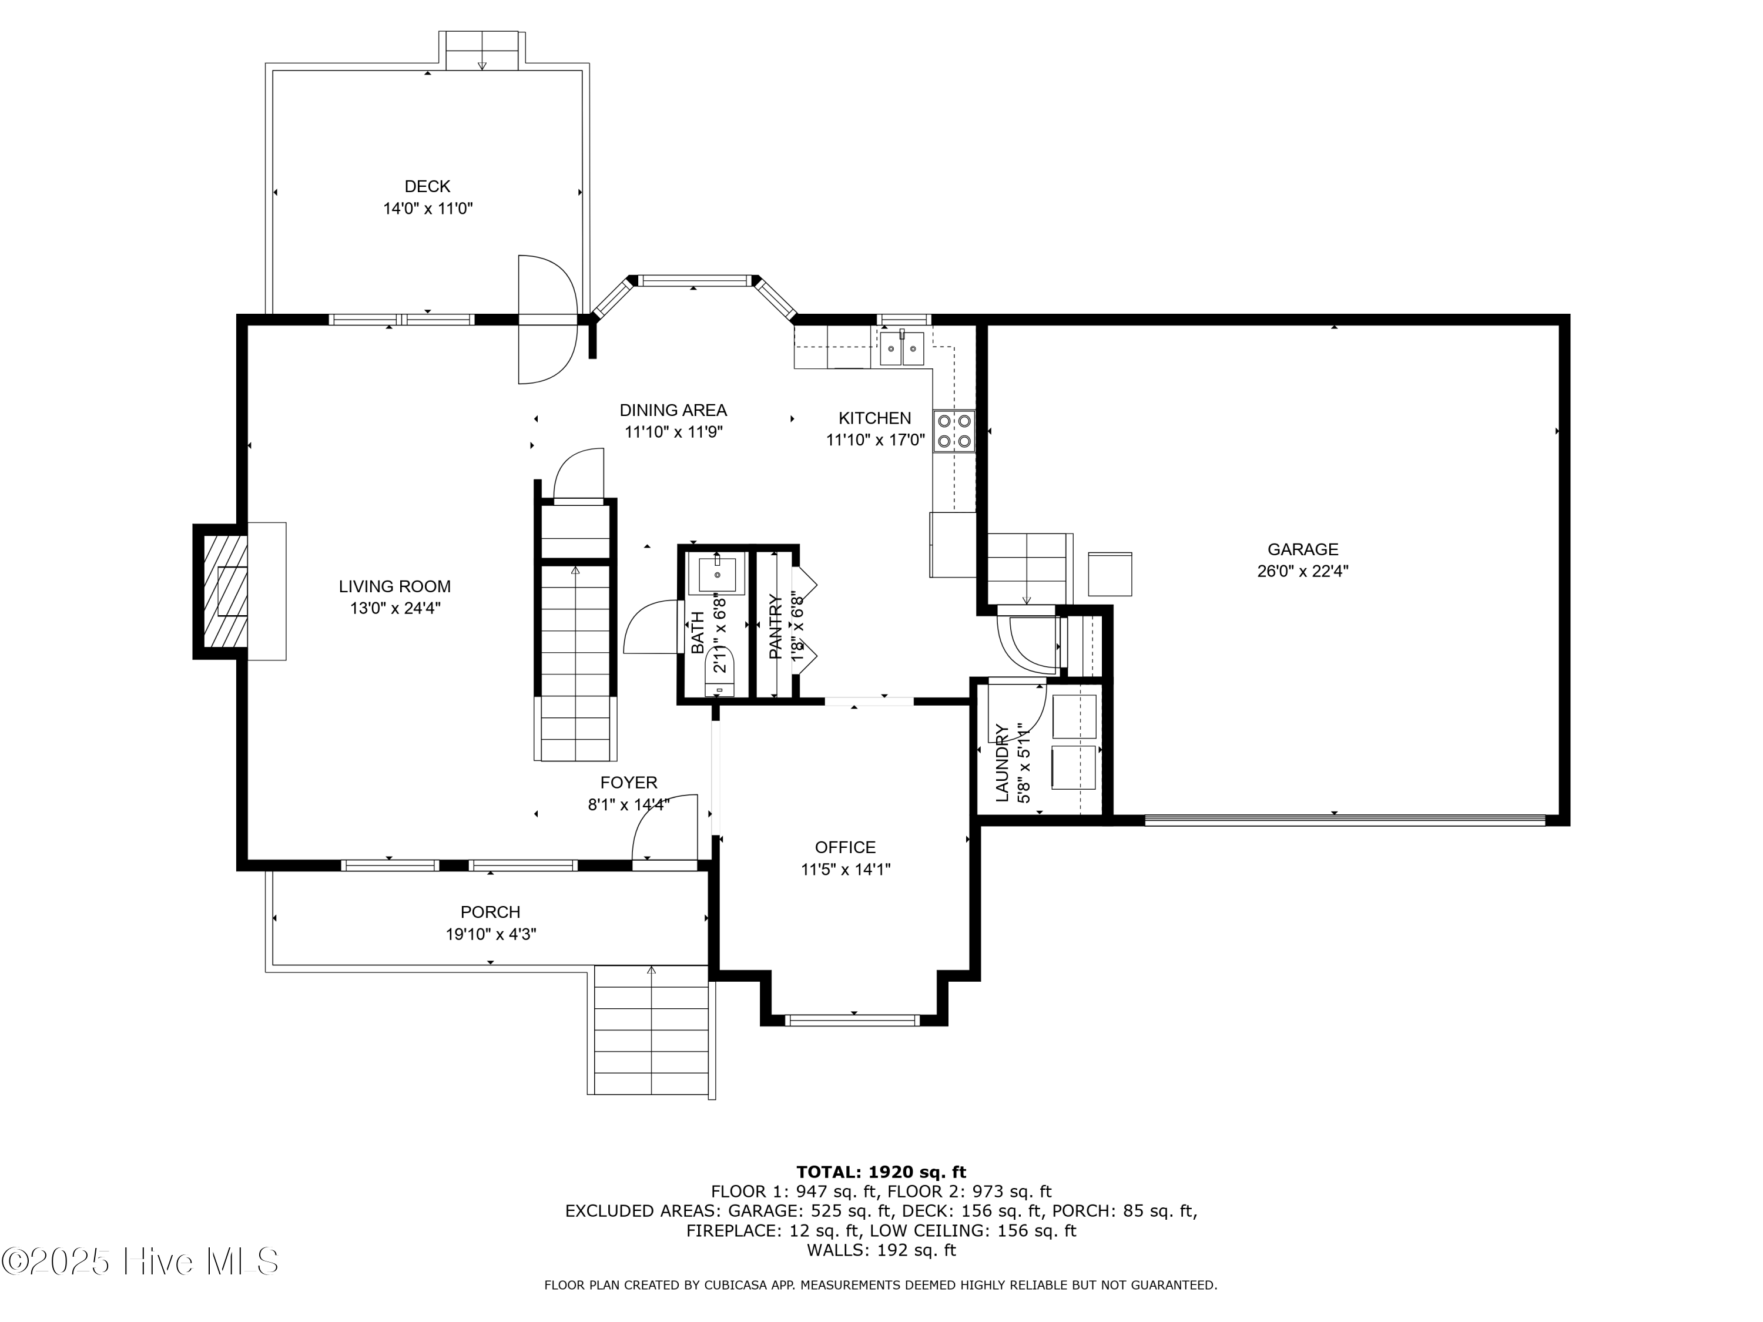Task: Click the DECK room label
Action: click(x=427, y=186)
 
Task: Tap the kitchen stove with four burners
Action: click(x=954, y=431)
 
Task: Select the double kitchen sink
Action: click(x=901, y=348)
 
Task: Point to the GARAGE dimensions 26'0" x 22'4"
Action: click(x=1302, y=571)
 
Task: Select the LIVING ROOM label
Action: click(x=394, y=586)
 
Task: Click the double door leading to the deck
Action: click(x=547, y=320)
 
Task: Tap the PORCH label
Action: click(x=490, y=912)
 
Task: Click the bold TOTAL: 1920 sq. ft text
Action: click(x=881, y=1172)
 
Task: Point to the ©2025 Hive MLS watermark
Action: click(x=140, y=1261)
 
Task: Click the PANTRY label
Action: click(x=775, y=626)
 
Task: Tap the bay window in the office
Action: click(x=852, y=1019)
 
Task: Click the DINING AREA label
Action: click(x=673, y=410)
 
